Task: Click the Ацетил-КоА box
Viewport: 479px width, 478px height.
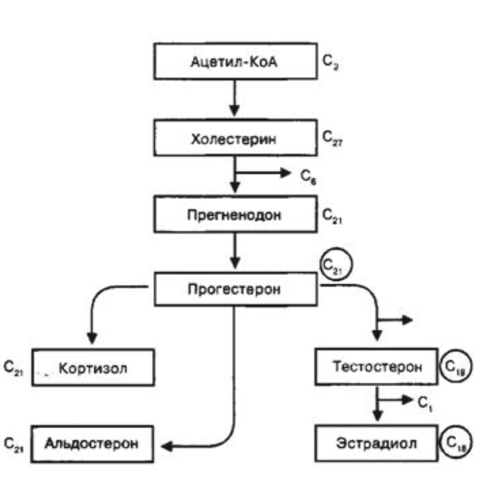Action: pyautogui.click(x=235, y=61)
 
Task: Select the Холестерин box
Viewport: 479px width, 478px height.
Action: pyautogui.click(x=235, y=139)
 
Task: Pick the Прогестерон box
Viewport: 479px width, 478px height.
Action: pyautogui.click(x=235, y=289)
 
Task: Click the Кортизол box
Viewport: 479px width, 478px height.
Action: pyautogui.click(x=93, y=367)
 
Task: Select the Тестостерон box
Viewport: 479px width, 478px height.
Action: pyautogui.click(x=376, y=366)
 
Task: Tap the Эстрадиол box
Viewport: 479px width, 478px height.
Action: pyautogui.click(x=376, y=443)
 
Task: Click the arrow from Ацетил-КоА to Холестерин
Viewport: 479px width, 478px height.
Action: pyautogui.click(x=236, y=100)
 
